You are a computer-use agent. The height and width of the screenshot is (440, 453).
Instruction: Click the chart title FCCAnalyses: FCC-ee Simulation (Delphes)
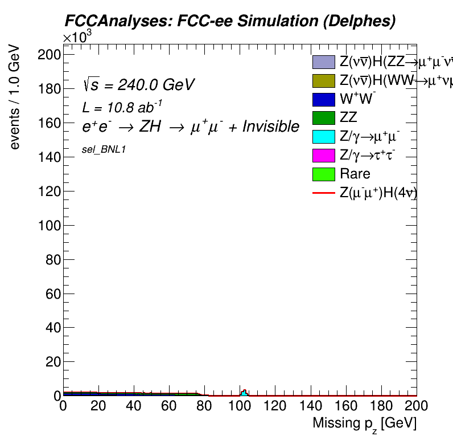[229, 21]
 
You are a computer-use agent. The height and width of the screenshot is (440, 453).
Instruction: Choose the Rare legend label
[355, 174]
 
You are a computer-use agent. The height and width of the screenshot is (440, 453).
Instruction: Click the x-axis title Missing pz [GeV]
[364, 424]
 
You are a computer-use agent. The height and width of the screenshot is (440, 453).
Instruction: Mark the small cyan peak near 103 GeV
[244, 393]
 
